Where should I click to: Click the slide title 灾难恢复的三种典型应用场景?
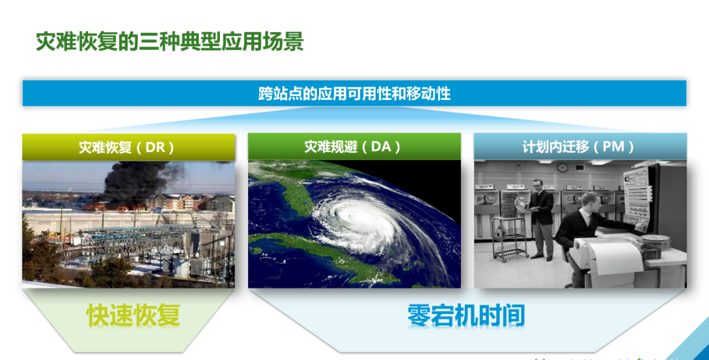[169, 42]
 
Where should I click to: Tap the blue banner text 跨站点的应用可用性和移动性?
[354, 94]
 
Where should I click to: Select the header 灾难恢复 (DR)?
[127, 147]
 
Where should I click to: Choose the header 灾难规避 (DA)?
[353, 146]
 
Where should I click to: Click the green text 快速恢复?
[133, 315]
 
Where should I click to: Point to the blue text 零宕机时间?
[466, 315]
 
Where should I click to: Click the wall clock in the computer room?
[562, 168]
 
